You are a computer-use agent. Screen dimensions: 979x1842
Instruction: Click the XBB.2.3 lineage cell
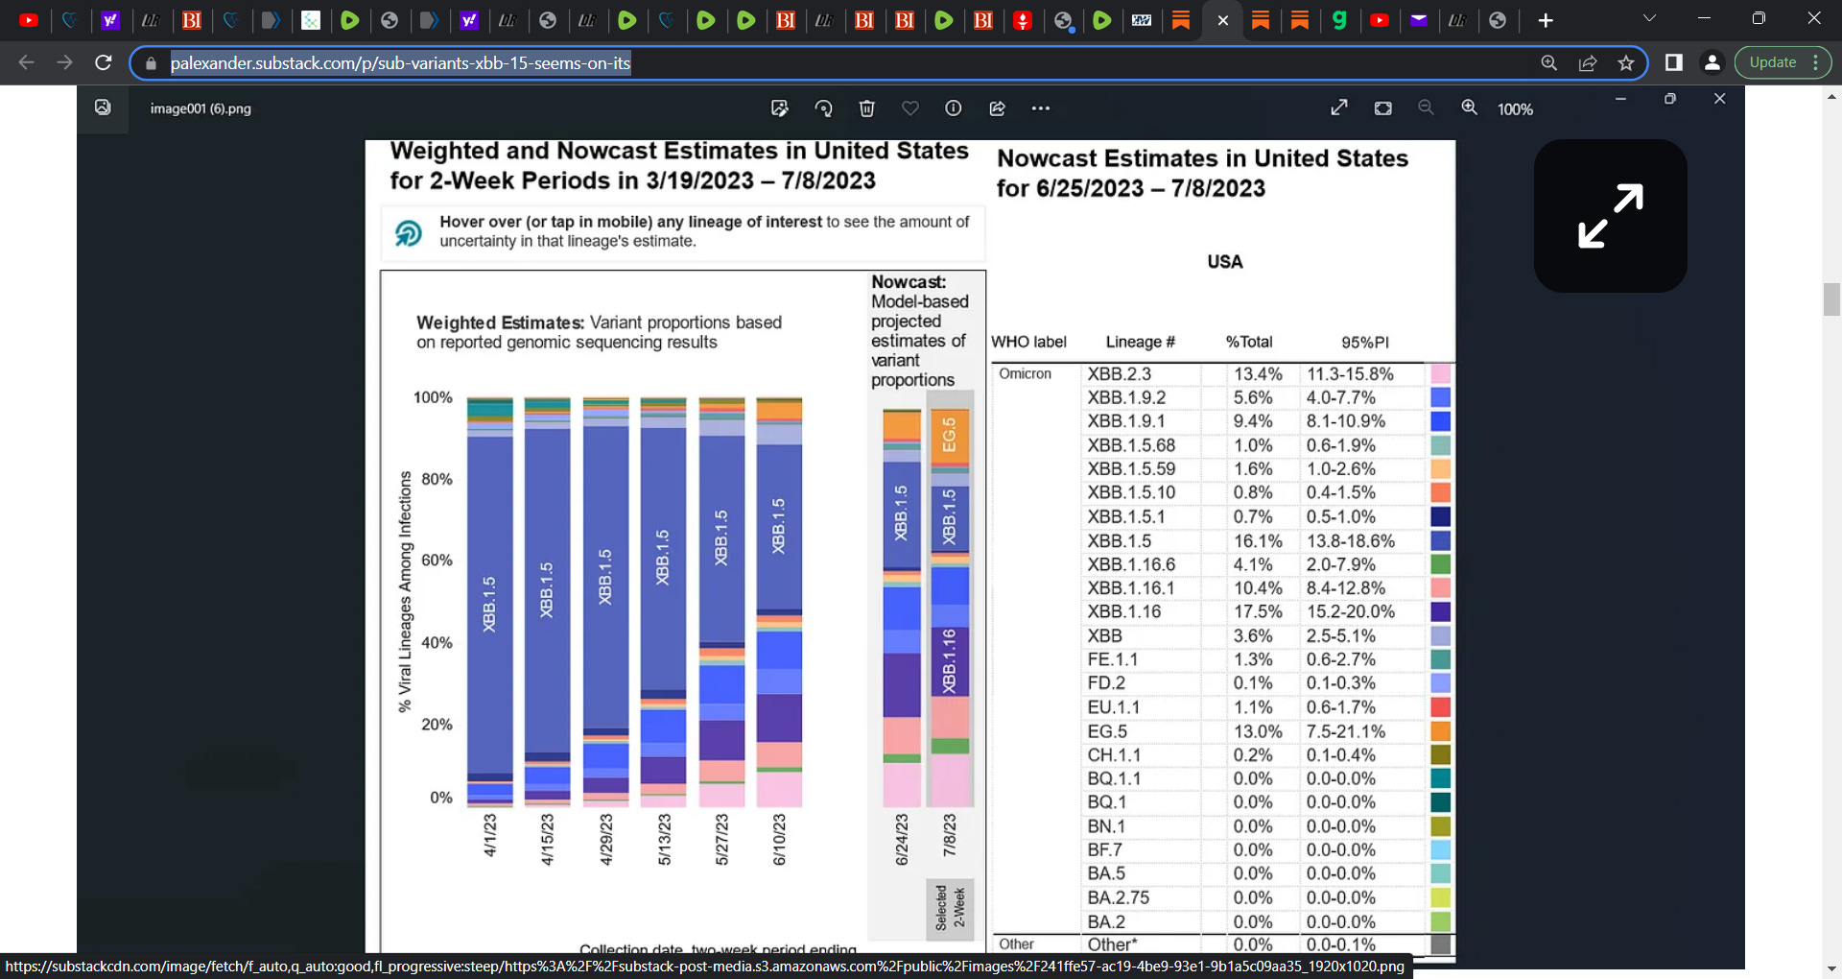point(1119,374)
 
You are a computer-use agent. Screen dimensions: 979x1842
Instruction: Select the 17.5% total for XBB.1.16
point(1257,612)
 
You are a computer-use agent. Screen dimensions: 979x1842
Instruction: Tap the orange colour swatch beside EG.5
point(1440,731)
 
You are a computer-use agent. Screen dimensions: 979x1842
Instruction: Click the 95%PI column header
point(1364,343)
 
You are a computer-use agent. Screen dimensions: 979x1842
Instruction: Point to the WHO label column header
point(1028,343)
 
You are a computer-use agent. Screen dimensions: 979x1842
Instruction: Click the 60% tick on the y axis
point(437,561)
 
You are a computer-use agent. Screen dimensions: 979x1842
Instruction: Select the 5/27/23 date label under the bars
point(721,839)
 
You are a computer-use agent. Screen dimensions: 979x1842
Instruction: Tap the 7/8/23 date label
point(949,835)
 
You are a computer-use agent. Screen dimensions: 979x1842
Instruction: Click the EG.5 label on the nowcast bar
point(949,435)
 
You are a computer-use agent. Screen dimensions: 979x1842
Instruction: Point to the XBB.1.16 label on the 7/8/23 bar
point(949,661)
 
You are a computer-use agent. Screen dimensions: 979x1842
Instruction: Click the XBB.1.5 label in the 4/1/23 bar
point(489,604)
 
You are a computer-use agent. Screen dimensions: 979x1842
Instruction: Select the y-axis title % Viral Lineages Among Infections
point(405,591)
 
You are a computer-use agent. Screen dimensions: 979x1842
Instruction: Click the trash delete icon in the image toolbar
point(866,108)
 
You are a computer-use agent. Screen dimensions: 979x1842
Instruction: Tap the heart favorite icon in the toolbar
point(909,108)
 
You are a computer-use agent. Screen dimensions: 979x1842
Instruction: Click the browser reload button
point(104,62)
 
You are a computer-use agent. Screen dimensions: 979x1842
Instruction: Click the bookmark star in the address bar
point(1625,62)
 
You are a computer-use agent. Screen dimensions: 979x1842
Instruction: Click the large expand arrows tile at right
point(1610,216)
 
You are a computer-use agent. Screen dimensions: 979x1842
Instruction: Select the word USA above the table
point(1224,262)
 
